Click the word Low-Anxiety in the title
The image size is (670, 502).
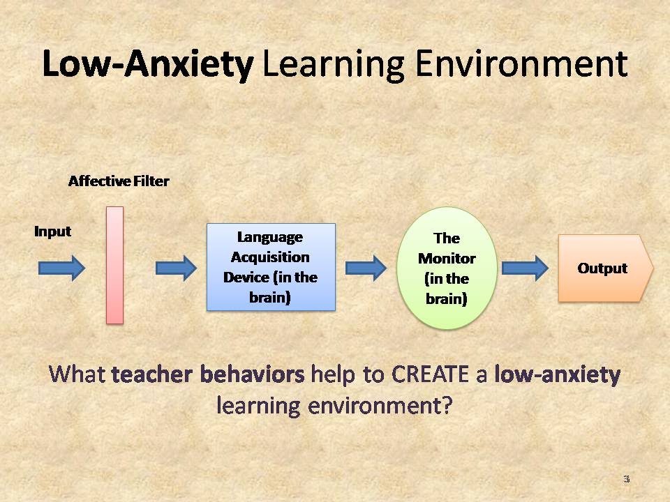[x=147, y=65]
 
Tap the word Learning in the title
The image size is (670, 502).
[x=333, y=65]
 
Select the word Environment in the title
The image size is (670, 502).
[x=521, y=65]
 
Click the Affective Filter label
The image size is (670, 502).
[x=119, y=181]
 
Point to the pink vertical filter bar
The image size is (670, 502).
[x=114, y=265]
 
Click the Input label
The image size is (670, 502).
[x=53, y=231]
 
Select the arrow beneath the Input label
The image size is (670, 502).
[x=61, y=268]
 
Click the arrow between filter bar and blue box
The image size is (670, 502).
[x=176, y=268]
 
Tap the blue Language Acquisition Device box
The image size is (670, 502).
[x=271, y=267]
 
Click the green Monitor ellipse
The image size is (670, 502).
[x=447, y=268]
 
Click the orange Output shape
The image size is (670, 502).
[x=604, y=268]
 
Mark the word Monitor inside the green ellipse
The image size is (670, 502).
[x=447, y=259]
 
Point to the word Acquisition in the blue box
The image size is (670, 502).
[x=270, y=257]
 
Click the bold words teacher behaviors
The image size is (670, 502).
[x=208, y=375]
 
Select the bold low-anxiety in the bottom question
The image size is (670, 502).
[x=557, y=375]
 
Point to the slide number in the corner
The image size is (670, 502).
[x=626, y=479]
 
